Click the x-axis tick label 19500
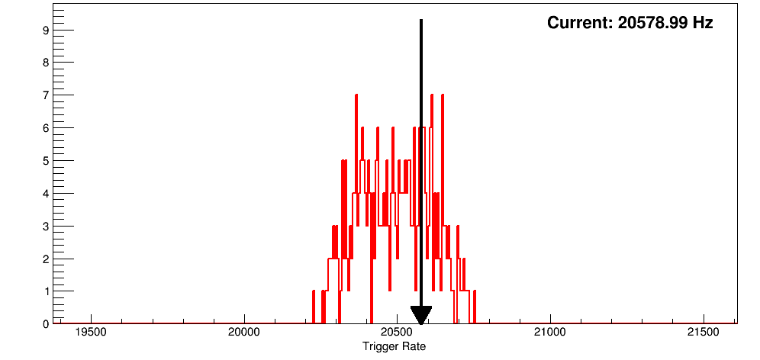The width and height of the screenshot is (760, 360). pyautogui.click(x=92, y=333)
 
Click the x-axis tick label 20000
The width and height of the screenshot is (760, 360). pyautogui.click(x=244, y=333)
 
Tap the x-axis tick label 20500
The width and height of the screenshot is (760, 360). pyautogui.click(x=397, y=333)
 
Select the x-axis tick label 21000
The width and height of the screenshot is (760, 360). pyautogui.click(x=549, y=333)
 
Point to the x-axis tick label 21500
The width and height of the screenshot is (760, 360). pyautogui.click(x=703, y=333)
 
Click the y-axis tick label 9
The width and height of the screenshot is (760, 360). pyautogui.click(x=47, y=31)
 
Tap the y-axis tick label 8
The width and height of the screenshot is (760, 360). pyautogui.click(x=47, y=63)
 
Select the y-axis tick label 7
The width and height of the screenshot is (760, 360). pyautogui.click(x=47, y=95)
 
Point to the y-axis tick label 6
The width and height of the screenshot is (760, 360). pyautogui.click(x=47, y=128)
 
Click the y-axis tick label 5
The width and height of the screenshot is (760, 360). pyautogui.click(x=47, y=161)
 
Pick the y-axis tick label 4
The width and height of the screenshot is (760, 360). pyautogui.click(x=47, y=194)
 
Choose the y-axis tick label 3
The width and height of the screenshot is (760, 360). pyautogui.click(x=47, y=227)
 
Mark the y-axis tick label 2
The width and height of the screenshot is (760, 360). pyautogui.click(x=47, y=259)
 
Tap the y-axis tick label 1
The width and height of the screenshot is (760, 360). pyautogui.click(x=47, y=291)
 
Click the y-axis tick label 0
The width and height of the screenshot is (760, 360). pyautogui.click(x=47, y=324)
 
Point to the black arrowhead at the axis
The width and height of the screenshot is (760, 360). pyautogui.click(x=421, y=315)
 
